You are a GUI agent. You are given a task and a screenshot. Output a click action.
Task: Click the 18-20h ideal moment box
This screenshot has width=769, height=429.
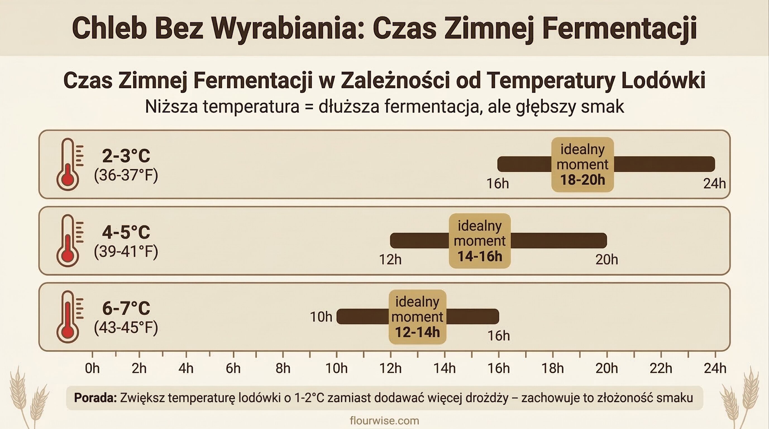[582, 165]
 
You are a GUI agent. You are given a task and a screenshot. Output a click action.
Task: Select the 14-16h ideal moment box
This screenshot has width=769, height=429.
[480, 241]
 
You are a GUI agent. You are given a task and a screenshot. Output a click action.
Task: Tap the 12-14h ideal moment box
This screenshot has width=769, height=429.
[417, 317]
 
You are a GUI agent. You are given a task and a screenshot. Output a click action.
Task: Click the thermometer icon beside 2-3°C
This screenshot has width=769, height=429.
[68, 164]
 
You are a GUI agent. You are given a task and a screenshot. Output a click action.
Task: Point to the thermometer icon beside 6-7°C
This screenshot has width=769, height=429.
[68, 317]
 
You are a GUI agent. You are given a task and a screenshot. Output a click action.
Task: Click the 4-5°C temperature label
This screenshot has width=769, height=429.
[126, 232]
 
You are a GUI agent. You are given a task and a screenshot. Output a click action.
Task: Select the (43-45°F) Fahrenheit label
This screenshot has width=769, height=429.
[126, 328]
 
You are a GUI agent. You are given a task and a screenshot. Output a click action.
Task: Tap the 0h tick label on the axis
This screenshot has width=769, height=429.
[92, 368]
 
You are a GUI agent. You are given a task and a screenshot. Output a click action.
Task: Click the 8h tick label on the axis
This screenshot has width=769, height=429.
[283, 368]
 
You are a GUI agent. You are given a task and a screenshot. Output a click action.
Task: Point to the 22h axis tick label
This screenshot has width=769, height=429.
[661, 368]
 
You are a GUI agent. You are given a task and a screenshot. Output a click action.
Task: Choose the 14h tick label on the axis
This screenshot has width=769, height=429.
[445, 368]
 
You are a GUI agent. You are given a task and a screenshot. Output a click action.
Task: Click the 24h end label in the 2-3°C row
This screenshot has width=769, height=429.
[714, 183]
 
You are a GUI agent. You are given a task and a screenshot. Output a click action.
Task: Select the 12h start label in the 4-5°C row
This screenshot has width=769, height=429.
[390, 260]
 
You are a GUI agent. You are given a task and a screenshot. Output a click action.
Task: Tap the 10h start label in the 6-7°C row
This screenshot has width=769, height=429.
[321, 317]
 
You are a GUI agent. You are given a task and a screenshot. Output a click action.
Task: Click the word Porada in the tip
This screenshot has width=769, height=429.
[95, 398]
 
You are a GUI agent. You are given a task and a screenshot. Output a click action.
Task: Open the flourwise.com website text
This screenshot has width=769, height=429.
[384, 421]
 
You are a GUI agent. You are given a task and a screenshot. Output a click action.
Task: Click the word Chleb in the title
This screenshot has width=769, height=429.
[109, 28]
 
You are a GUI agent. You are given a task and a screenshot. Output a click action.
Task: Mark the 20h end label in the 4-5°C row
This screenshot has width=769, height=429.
[606, 260]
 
